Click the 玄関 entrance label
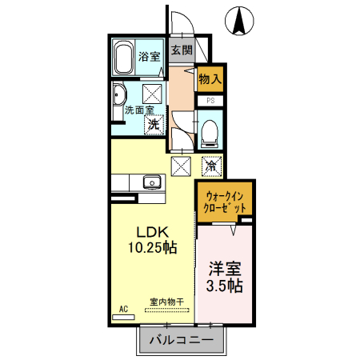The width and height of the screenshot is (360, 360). click(x=181, y=50)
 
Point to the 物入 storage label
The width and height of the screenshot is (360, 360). click(x=210, y=80)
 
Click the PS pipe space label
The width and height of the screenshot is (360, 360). click(x=210, y=101)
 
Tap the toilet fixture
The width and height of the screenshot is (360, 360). click(x=210, y=130)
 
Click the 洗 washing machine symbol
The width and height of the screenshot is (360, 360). click(x=153, y=124)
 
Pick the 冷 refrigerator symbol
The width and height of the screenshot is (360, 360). click(x=210, y=166)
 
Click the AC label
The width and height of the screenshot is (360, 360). click(x=123, y=308)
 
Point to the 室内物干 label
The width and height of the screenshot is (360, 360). click(x=166, y=302)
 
